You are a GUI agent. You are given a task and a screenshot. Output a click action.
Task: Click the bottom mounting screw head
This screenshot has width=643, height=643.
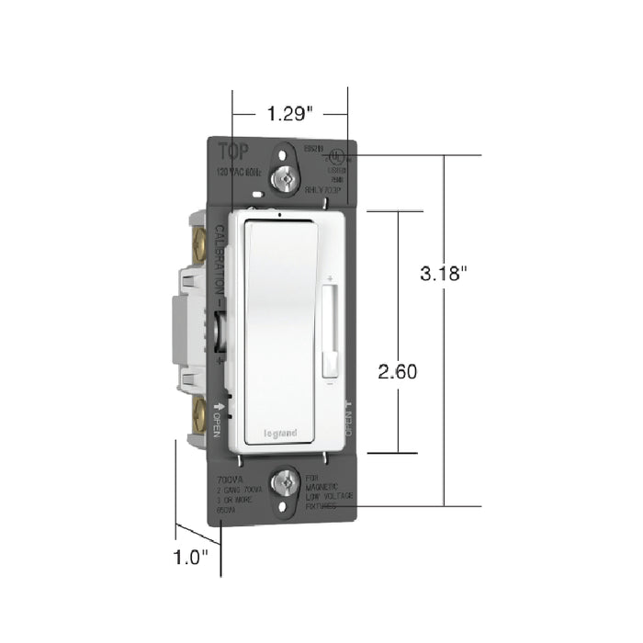(289, 479)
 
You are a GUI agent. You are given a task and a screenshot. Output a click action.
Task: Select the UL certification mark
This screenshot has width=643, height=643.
(336, 160)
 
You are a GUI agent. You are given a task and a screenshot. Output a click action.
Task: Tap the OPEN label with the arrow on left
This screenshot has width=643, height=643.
(219, 418)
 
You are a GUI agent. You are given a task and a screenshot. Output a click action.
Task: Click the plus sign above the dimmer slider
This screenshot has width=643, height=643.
(328, 277)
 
